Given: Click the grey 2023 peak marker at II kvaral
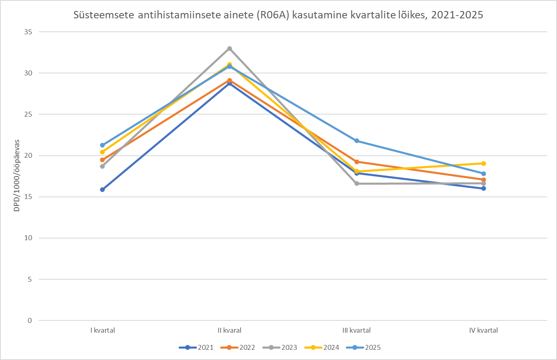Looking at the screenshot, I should point(230,49).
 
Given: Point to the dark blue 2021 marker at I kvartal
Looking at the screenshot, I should point(102,190).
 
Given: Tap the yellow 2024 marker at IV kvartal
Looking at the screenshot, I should point(484,163).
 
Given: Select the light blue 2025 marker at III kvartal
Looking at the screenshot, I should point(357,141).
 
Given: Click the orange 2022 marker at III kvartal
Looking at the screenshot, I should point(357,162).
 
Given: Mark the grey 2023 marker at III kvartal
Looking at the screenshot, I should point(357,183).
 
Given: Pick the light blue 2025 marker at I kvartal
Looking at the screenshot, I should point(102,145).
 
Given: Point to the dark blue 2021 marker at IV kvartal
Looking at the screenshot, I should point(484,188).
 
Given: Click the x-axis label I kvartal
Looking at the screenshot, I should point(102,330).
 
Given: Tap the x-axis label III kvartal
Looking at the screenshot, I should point(357,330).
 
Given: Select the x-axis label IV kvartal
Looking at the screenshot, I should point(484,330).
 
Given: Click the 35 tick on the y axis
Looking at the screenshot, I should point(28,32).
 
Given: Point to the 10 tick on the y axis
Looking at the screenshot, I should point(28,238).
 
